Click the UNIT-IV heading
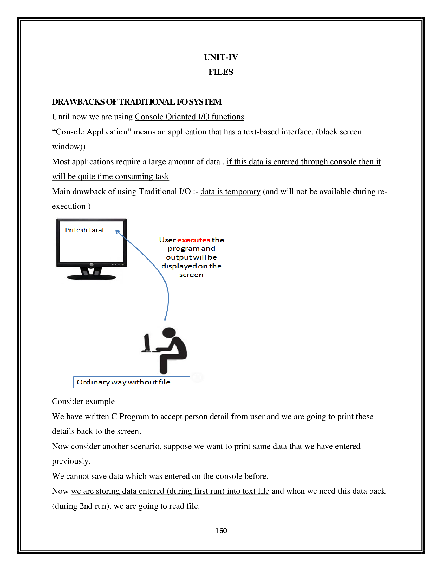(221, 57)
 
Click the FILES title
(221, 72)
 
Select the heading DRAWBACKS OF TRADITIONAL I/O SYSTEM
(137, 102)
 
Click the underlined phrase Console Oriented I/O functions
(189, 117)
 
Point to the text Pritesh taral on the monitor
(84, 230)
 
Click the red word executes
(194, 240)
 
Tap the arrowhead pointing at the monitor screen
(118, 232)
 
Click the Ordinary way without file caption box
(132, 382)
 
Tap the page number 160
(221, 531)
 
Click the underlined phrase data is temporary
(230, 191)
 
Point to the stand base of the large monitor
(91, 277)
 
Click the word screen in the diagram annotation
(191, 275)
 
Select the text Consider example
(83, 401)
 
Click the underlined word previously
(70, 461)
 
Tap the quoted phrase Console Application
(92, 132)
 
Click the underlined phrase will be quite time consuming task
(110, 176)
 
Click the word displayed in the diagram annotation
(179, 266)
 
